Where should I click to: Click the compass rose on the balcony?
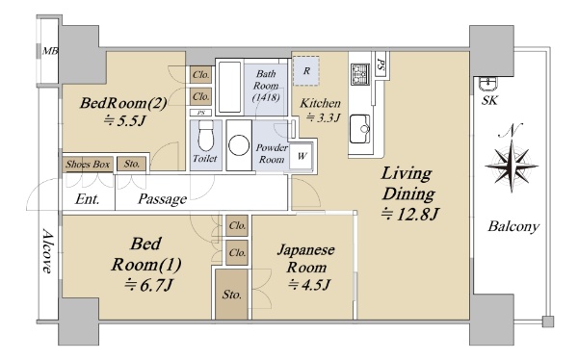512,166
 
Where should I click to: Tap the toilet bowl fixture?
206,136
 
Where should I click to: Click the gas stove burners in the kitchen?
359,74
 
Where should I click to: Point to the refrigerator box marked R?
306,70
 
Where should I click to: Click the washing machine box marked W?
302,156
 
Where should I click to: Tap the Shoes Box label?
88,164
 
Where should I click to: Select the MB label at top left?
50,51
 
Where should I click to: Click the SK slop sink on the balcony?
488,84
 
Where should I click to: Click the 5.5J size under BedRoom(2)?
124,120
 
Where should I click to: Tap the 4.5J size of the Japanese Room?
309,285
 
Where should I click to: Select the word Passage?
162,199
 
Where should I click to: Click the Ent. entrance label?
88,199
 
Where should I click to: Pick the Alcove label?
47,251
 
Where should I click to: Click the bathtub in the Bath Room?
229,87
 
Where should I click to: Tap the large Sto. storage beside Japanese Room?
231,295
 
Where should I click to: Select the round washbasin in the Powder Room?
239,144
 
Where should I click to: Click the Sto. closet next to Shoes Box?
132,164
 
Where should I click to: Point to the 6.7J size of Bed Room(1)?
148,285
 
